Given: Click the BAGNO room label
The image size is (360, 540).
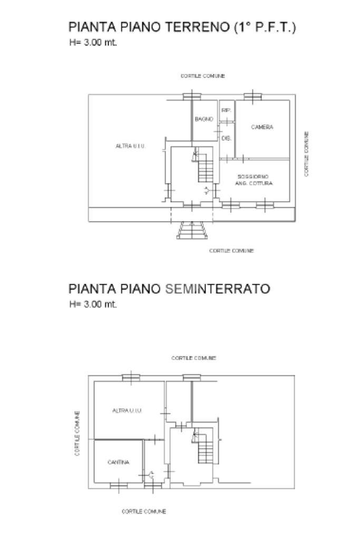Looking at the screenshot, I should (x=203, y=120).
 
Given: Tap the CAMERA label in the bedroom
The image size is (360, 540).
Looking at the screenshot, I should (x=262, y=127).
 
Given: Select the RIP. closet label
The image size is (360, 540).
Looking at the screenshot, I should (x=226, y=110).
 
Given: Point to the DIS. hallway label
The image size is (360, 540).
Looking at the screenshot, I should (x=226, y=138).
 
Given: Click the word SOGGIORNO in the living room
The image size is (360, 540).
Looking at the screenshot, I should (x=254, y=176).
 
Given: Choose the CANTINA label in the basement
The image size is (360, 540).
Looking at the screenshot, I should (x=118, y=462).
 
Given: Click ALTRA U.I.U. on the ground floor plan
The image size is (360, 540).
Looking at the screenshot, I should (x=130, y=146).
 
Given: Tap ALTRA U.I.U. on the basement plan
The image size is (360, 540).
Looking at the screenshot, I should (x=128, y=410).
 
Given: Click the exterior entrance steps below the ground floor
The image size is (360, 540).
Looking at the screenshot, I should (x=192, y=230).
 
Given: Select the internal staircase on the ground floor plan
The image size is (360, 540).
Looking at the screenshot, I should (x=205, y=166).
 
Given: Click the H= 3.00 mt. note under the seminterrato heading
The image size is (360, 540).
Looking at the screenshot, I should (x=93, y=304).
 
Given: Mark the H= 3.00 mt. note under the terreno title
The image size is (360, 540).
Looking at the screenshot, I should (x=93, y=43).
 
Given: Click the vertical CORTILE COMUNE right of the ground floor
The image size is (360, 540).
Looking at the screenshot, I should (x=306, y=154).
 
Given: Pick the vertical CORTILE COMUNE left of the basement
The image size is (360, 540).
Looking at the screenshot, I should (x=77, y=433).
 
